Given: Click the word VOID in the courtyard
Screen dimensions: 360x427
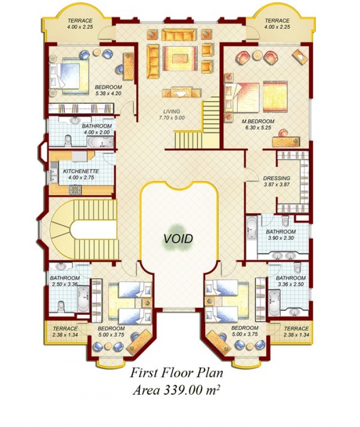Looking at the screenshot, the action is (x=178, y=239).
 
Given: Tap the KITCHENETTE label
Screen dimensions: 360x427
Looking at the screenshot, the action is (x=81, y=171).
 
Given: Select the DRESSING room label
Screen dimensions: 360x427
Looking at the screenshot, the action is (x=277, y=179).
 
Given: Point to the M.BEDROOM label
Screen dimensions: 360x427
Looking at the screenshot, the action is (x=258, y=121).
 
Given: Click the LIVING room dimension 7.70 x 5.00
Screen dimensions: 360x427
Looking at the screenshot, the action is (x=172, y=118).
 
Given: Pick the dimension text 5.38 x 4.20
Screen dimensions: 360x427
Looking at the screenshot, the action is (x=109, y=94).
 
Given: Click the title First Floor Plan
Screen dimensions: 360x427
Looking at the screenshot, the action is (x=176, y=373).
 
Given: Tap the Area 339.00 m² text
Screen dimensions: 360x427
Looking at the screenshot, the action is (x=176, y=390).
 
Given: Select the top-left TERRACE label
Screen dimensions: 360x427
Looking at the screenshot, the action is (x=80, y=21).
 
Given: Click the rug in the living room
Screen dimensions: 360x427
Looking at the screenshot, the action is (x=179, y=58).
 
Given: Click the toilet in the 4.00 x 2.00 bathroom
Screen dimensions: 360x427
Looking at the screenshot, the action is (x=67, y=140).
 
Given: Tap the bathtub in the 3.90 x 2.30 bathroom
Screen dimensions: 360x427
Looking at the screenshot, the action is (x=251, y=228).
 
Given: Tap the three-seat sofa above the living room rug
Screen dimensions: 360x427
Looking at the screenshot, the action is (x=178, y=35).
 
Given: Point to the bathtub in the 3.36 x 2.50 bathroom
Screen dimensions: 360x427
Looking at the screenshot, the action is (x=274, y=301).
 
